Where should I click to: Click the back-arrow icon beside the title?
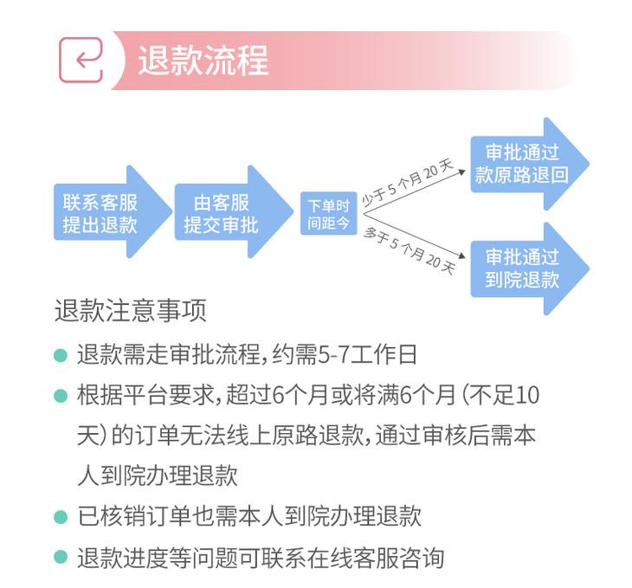click(x=81, y=60)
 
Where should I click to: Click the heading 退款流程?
click(x=203, y=60)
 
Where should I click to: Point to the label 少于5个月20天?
click(x=407, y=183)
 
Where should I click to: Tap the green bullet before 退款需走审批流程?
click(x=61, y=355)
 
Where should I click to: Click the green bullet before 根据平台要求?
click(x=61, y=396)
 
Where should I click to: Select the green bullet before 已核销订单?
click(x=61, y=518)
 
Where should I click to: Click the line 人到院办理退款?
click(x=157, y=477)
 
